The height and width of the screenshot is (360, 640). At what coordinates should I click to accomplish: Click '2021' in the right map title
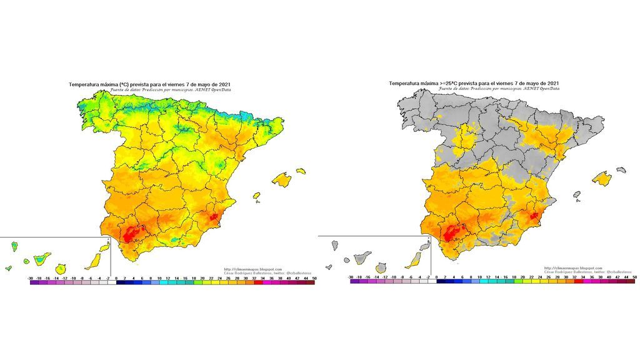click(x=550, y=83)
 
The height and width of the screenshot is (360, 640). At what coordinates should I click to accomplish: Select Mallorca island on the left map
click(x=282, y=181)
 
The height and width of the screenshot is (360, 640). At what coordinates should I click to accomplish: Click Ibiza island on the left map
click(x=256, y=196)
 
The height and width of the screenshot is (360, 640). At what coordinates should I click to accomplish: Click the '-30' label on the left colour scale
click(x=31, y=276)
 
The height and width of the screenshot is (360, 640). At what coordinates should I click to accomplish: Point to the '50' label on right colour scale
click(x=634, y=276)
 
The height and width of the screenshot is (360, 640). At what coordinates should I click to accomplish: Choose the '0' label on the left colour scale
click(x=117, y=276)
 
